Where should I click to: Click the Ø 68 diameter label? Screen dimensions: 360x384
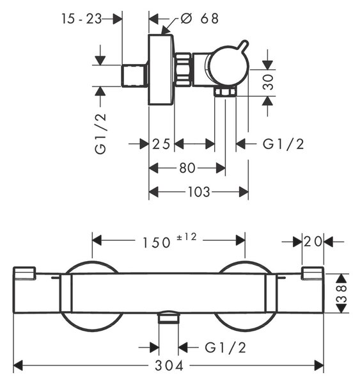(x=200, y=19)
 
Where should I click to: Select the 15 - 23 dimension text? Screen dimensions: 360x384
(x=81, y=19)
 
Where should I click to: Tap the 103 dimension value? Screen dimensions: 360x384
(x=199, y=192)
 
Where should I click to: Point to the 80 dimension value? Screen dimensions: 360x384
(x=187, y=168)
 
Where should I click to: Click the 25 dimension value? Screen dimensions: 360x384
(x=161, y=144)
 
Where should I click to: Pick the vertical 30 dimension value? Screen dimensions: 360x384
(x=268, y=82)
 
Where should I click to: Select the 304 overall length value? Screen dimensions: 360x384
(x=169, y=366)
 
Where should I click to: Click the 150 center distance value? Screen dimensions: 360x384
(x=157, y=243)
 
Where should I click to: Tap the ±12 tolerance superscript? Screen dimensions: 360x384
(x=187, y=237)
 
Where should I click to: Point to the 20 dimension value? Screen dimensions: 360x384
(x=313, y=242)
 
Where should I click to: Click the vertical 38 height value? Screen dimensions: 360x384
(x=342, y=292)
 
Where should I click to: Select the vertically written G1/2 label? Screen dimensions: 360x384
(x=100, y=134)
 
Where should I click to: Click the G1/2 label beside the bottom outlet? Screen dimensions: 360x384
(x=225, y=348)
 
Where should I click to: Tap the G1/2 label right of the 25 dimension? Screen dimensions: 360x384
(x=283, y=144)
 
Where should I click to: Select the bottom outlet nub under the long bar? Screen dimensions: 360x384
(x=168, y=317)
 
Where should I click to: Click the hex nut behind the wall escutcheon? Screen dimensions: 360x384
(x=184, y=70)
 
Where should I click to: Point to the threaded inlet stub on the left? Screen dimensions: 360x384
(x=134, y=76)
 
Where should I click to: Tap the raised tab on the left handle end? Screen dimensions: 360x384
(x=25, y=273)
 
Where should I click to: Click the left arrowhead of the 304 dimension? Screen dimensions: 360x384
(x=18, y=366)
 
